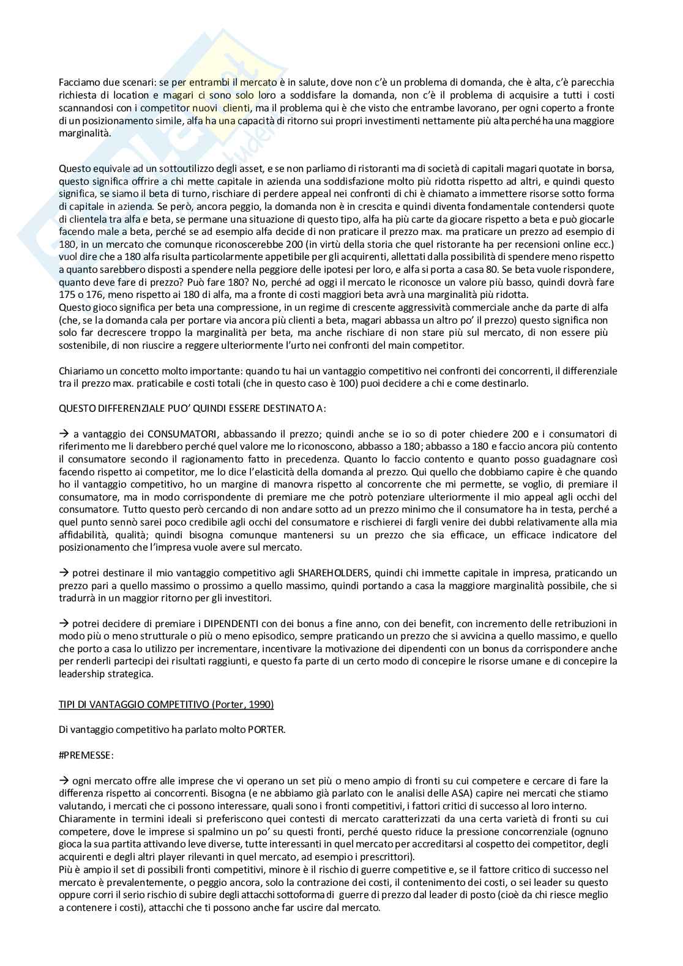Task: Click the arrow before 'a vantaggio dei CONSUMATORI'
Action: (x=64, y=434)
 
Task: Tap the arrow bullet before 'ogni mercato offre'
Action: (x=64, y=780)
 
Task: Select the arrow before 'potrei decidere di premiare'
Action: (x=64, y=623)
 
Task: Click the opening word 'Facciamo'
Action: (x=78, y=82)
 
